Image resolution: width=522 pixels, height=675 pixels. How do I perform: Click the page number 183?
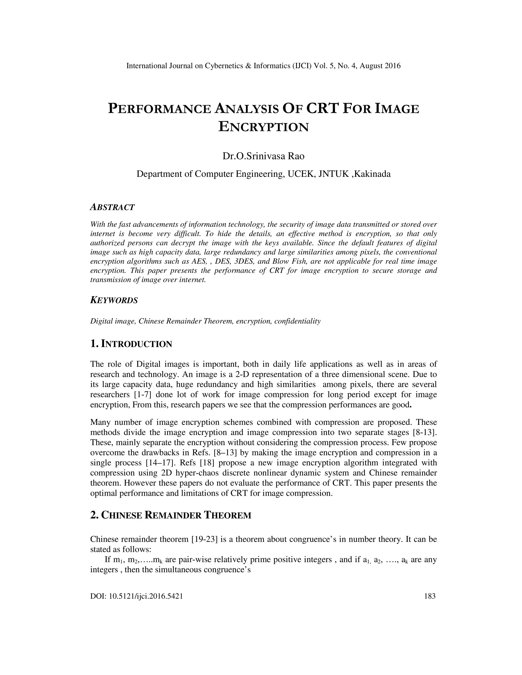click(429, 596)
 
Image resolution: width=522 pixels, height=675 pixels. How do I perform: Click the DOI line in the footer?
click(136, 596)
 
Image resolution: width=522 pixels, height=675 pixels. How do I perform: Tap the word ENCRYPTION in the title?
click(264, 127)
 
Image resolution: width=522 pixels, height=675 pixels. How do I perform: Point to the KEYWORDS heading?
click(114, 300)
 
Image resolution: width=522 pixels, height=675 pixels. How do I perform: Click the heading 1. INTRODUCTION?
click(131, 344)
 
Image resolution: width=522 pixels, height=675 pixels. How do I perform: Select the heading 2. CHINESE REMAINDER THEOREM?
click(171, 515)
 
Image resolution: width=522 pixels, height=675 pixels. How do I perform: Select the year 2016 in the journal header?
click(393, 66)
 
